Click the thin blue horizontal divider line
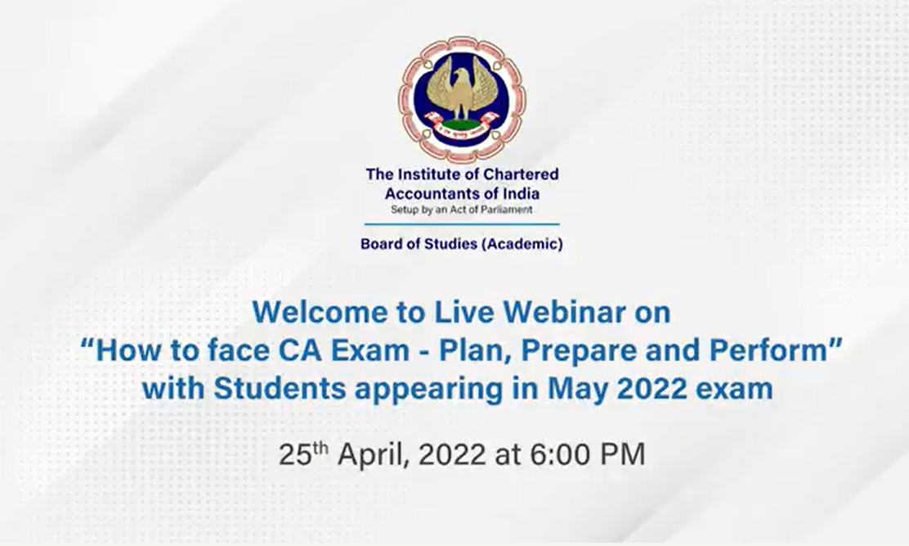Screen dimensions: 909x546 (462, 224)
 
